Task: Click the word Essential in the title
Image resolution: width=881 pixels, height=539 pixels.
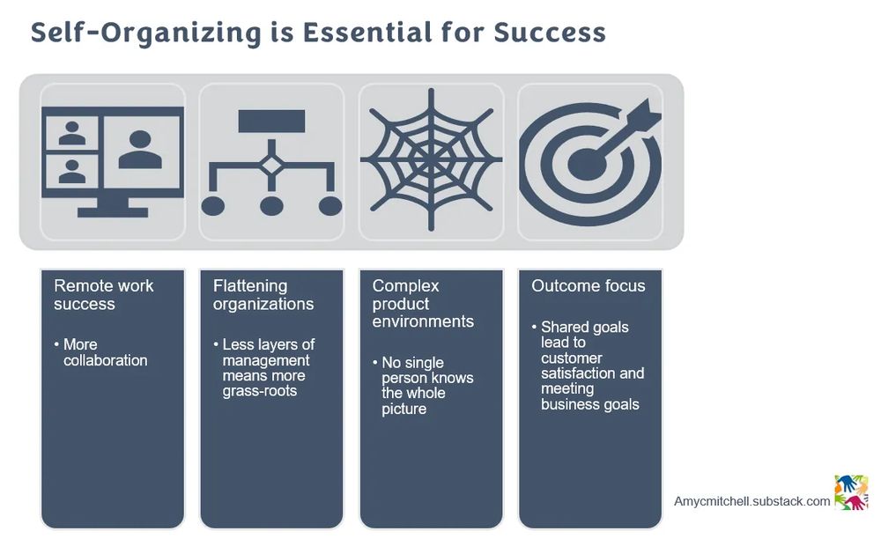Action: [367, 32]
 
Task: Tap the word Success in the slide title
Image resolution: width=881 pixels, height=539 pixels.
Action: [550, 32]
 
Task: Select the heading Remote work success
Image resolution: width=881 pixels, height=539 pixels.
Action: [103, 295]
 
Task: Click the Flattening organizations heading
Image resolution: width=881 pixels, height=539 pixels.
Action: [263, 295]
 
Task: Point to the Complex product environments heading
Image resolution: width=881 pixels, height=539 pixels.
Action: [423, 304]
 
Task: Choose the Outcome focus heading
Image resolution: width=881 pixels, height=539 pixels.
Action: [589, 285]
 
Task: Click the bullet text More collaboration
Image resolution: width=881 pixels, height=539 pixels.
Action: [105, 352]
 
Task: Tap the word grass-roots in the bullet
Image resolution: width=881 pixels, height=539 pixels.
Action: [260, 391]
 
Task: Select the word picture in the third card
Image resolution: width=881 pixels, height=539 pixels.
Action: [404, 409]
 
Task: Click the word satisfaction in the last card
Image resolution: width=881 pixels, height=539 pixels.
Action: [578, 373]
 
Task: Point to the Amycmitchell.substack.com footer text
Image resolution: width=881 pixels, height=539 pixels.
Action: [751, 501]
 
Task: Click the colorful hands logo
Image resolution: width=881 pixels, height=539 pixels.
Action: [851, 492]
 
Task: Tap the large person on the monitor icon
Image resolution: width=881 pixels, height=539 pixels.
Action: [140, 150]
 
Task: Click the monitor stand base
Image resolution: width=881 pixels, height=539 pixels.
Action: [113, 212]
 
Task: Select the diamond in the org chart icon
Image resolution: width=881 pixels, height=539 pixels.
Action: [272, 166]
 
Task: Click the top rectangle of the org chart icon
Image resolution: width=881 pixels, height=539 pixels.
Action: [272, 122]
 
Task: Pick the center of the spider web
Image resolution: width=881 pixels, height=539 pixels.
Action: [431, 159]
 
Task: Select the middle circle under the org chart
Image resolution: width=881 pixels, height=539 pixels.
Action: [272, 206]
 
